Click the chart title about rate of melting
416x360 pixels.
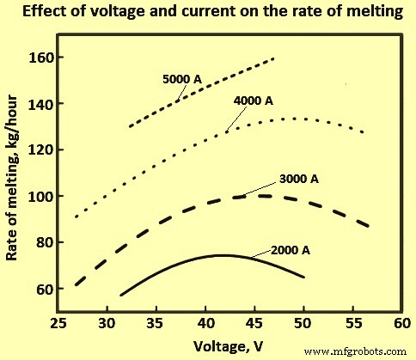[208, 11]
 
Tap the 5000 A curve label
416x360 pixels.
[183, 78]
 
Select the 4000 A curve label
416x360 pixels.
[253, 101]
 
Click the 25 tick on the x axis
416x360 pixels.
[57, 326]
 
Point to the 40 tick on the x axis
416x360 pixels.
[204, 326]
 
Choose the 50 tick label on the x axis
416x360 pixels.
[302, 326]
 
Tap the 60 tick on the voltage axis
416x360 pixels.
[399, 326]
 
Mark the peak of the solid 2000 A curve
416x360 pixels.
[222, 255]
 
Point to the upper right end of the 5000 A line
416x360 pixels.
[273, 58]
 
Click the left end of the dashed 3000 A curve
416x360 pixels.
[76, 284]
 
